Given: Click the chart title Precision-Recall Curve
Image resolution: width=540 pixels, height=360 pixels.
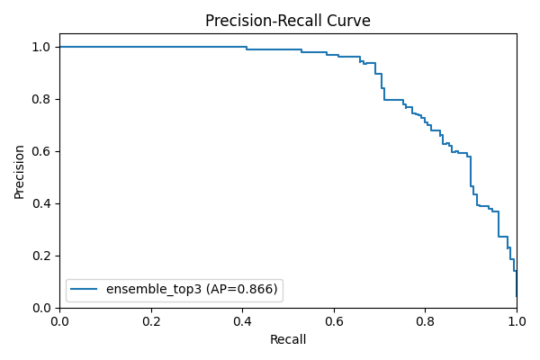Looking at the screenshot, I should [x=288, y=21].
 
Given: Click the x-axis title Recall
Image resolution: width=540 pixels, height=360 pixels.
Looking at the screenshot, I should [x=288, y=339].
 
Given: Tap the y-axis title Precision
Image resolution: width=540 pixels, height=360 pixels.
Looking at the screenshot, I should [x=20, y=171].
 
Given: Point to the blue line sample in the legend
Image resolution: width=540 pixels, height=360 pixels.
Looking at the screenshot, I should [x=85, y=290].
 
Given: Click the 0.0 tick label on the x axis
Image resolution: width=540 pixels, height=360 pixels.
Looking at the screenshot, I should [x=59, y=319].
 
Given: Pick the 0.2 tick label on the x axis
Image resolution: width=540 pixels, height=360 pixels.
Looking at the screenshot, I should [x=151, y=319].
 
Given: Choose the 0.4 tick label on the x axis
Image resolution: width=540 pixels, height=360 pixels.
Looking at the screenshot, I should [x=242, y=319].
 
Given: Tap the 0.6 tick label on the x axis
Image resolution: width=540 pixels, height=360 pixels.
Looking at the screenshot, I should [x=334, y=319].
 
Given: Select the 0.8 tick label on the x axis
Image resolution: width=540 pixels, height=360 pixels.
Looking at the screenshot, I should [x=425, y=319].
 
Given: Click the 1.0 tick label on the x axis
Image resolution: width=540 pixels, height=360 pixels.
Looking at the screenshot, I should [x=517, y=319].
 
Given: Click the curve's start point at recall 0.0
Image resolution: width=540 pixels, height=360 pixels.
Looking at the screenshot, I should [x=60, y=47].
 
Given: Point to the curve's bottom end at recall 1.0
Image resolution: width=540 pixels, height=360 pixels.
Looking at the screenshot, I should [x=517, y=296].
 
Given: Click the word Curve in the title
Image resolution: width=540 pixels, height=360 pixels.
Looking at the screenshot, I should [x=348, y=21].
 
